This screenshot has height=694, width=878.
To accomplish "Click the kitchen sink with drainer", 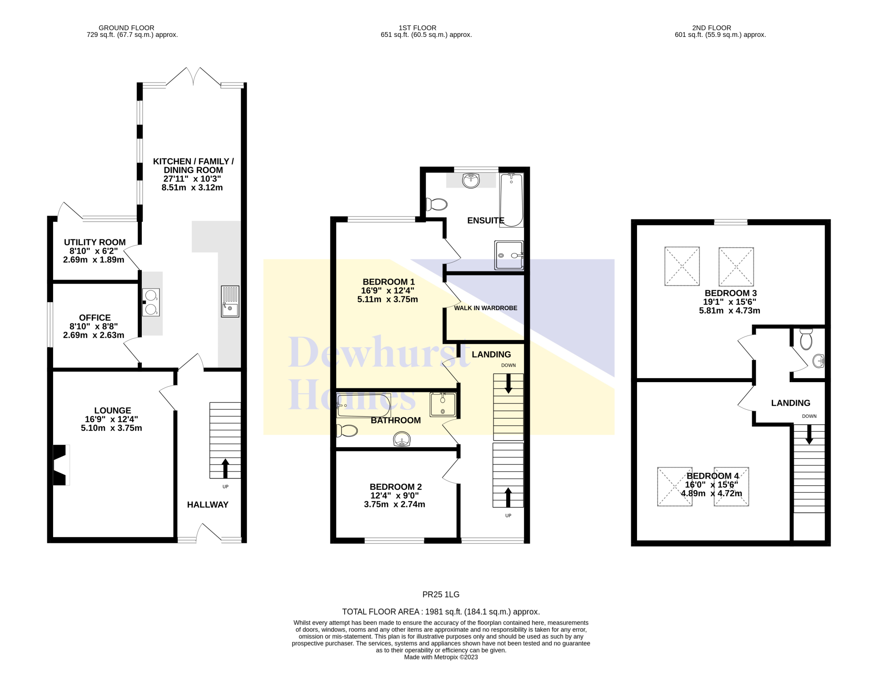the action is pyautogui.click(x=230, y=301).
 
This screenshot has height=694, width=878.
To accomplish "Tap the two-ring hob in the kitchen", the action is pyautogui.click(x=151, y=302).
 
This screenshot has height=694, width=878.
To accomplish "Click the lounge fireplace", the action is pyautogui.click(x=61, y=465).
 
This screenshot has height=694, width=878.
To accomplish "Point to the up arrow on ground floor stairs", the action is pyautogui.click(x=225, y=468).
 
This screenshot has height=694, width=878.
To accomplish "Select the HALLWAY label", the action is pyautogui.click(x=208, y=505).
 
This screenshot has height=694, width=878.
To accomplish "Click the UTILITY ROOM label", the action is pyautogui.click(x=95, y=242).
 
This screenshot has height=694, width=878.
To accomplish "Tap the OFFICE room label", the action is pyautogui.click(x=95, y=318).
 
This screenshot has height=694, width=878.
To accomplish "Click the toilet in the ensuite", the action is pyautogui.click(x=436, y=204).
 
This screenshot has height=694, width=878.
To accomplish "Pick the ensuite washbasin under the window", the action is pyautogui.click(x=471, y=180).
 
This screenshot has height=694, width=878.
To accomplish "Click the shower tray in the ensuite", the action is pyautogui.click(x=509, y=255).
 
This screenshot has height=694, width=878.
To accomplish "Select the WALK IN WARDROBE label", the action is pyautogui.click(x=486, y=308).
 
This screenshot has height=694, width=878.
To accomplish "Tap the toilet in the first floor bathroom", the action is pyautogui.click(x=347, y=430).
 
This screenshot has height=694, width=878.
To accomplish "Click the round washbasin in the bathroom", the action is pyautogui.click(x=402, y=439).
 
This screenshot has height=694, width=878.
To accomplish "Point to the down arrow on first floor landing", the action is pyautogui.click(x=508, y=383).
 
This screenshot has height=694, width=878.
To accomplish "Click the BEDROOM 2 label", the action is pyautogui.click(x=396, y=487).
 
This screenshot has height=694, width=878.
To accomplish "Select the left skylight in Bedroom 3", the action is pyautogui.click(x=682, y=266).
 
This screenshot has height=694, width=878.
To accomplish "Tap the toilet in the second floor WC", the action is pyautogui.click(x=806, y=340).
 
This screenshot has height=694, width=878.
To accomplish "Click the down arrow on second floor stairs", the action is pyautogui.click(x=809, y=434).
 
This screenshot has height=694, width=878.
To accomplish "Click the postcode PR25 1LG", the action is pyautogui.click(x=441, y=595).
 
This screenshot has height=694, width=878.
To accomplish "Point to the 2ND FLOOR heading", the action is pyautogui.click(x=712, y=28).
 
